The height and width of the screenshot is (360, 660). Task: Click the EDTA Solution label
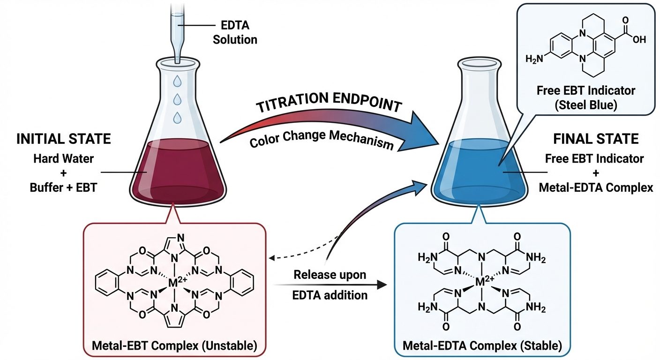click(x=235, y=33)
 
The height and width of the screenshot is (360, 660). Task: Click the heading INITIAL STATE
click(x=64, y=139)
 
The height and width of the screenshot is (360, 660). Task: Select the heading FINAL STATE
click(x=596, y=139)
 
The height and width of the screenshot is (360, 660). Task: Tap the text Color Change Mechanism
click(x=322, y=137)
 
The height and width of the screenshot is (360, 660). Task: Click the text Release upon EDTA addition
click(x=330, y=285)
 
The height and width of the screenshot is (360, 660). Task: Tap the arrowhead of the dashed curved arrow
click(x=273, y=257)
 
